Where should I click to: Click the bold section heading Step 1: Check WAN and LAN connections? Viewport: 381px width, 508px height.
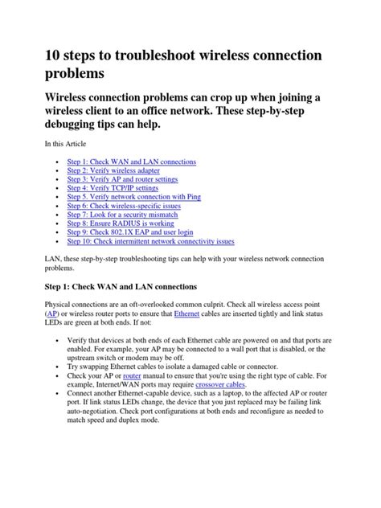(122, 285)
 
